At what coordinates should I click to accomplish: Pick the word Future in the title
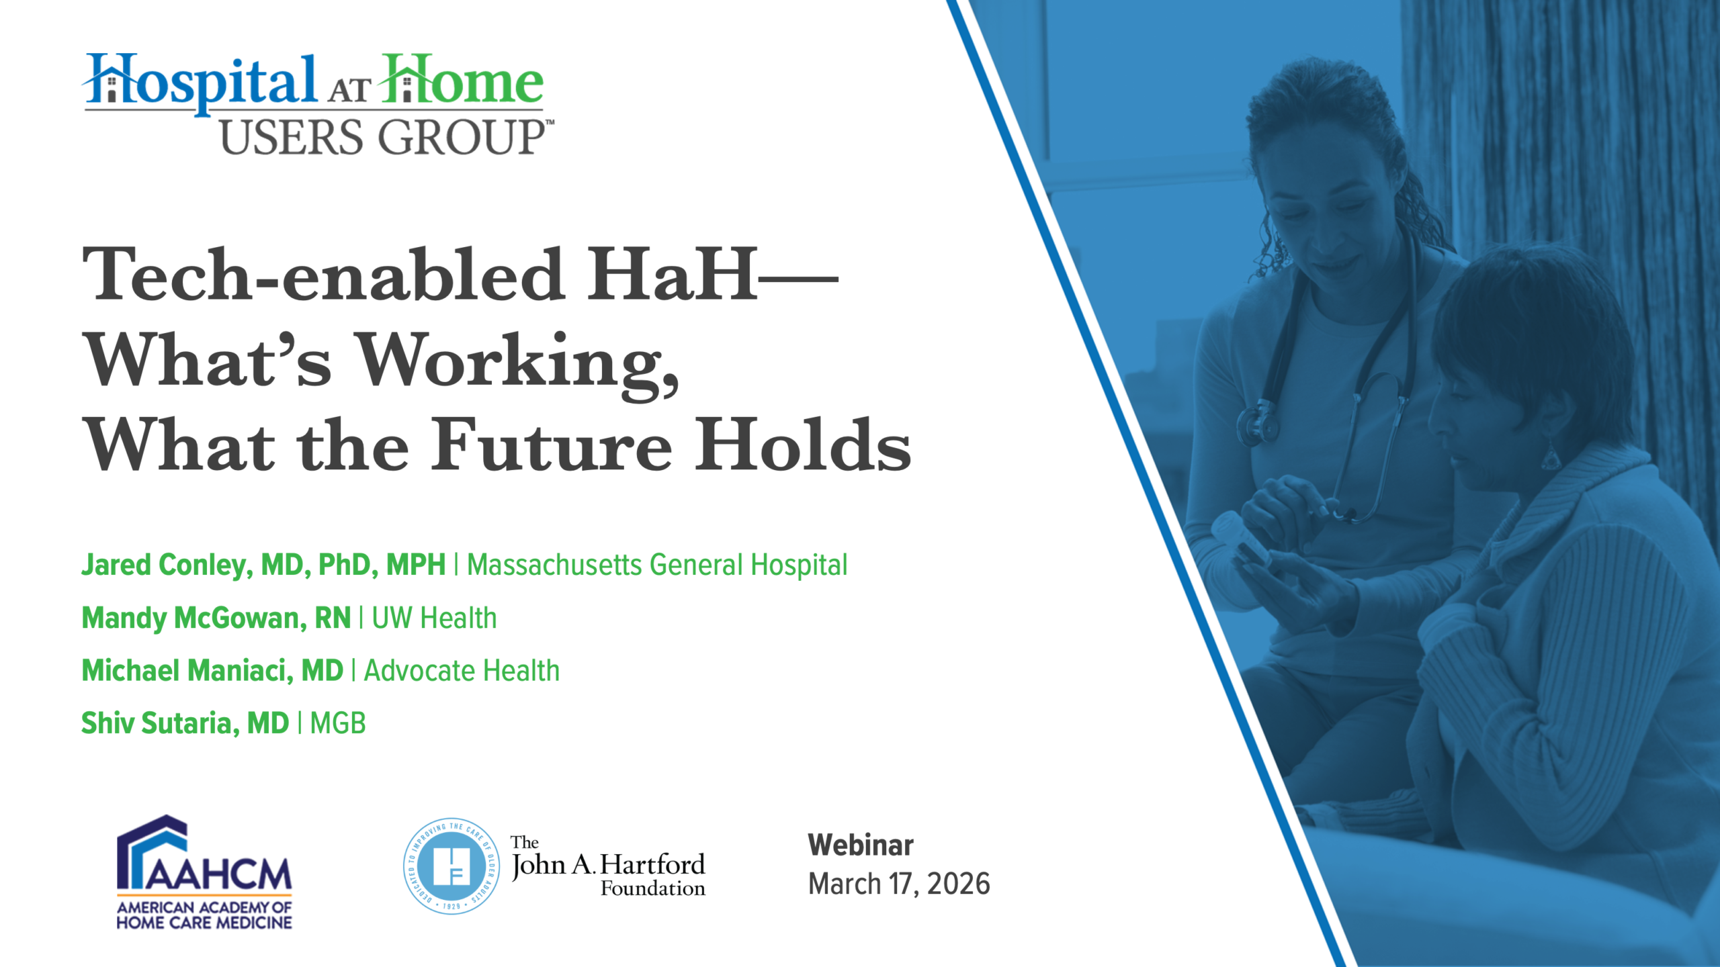pyautogui.click(x=552, y=444)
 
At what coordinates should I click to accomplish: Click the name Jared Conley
pyautogui.click(x=167, y=565)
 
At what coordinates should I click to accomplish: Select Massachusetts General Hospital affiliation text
pyautogui.click(x=657, y=565)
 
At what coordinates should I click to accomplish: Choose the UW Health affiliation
pyautogui.click(x=434, y=618)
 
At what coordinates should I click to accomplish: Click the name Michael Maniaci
pyautogui.click(x=187, y=670)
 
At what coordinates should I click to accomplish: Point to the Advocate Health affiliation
pyautogui.click(x=462, y=670)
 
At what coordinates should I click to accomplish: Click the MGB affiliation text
pyautogui.click(x=338, y=723)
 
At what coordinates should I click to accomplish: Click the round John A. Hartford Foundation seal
pyautogui.click(x=451, y=866)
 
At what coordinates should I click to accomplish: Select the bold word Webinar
pyautogui.click(x=861, y=845)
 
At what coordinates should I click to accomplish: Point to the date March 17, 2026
pyautogui.click(x=899, y=884)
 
